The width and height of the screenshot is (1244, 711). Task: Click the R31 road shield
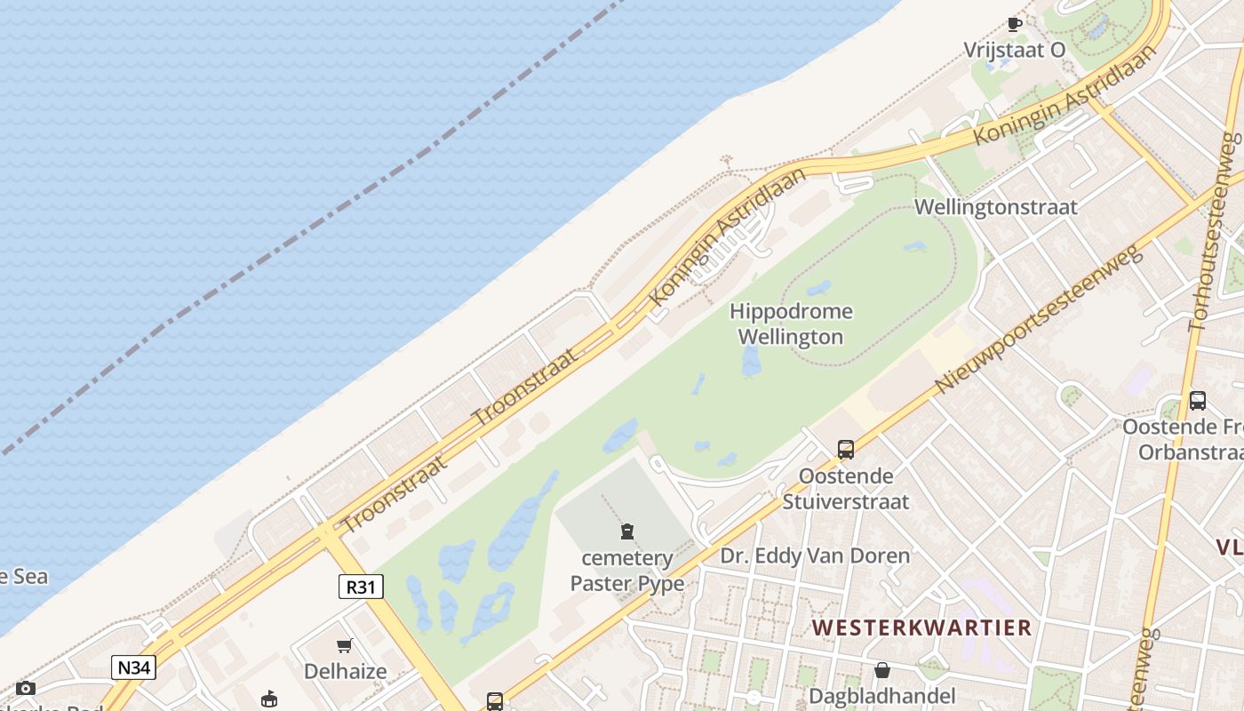point(361,587)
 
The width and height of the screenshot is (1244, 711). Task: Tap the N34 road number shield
point(133,667)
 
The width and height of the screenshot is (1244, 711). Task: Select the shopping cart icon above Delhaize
point(345,646)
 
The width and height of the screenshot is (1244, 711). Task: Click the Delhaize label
point(346,671)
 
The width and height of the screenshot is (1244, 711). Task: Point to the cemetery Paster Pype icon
point(627,531)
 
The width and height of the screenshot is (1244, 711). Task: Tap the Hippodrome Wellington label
point(791,324)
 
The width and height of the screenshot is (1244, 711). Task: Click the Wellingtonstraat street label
point(995,207)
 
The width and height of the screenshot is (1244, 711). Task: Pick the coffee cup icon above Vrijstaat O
point(1015,24)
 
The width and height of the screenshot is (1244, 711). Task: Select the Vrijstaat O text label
point(1015,51)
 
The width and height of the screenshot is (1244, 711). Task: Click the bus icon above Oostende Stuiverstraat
point(845,450)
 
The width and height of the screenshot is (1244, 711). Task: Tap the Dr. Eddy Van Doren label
point(815,556)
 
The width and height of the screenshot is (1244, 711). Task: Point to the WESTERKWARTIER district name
point(921,627)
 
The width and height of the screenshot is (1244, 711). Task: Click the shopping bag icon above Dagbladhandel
point(882,670)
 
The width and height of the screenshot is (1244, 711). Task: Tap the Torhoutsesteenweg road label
point(1212,233)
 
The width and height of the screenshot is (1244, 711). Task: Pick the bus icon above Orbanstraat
point(1198,401)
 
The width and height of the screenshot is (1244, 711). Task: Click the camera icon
point(26,688)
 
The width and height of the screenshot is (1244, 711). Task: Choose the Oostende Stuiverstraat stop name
point(845,488)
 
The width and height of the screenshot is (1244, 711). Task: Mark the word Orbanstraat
point(1190,451)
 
